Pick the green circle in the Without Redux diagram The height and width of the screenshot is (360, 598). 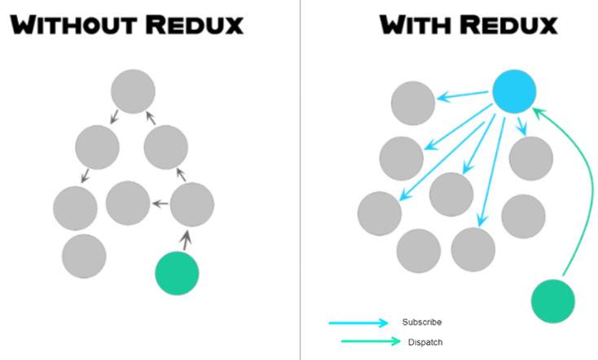(177, 273)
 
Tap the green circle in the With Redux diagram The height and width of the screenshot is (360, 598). (553, 301)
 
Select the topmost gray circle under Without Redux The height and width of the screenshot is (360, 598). (133, 91)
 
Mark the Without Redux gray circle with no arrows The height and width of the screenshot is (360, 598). (84, 256)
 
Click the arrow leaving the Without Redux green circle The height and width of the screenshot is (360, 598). (187, 239)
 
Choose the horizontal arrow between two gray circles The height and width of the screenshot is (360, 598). (160, 204)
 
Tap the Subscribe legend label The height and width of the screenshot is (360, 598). (422, 323)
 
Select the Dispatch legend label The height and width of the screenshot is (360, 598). (425, 342)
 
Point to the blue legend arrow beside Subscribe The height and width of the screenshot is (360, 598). (358, 323)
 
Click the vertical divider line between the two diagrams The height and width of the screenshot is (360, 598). (300, 179)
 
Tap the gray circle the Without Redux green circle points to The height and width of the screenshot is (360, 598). (192, 204)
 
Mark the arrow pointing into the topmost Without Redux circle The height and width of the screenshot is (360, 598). (151, 121)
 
